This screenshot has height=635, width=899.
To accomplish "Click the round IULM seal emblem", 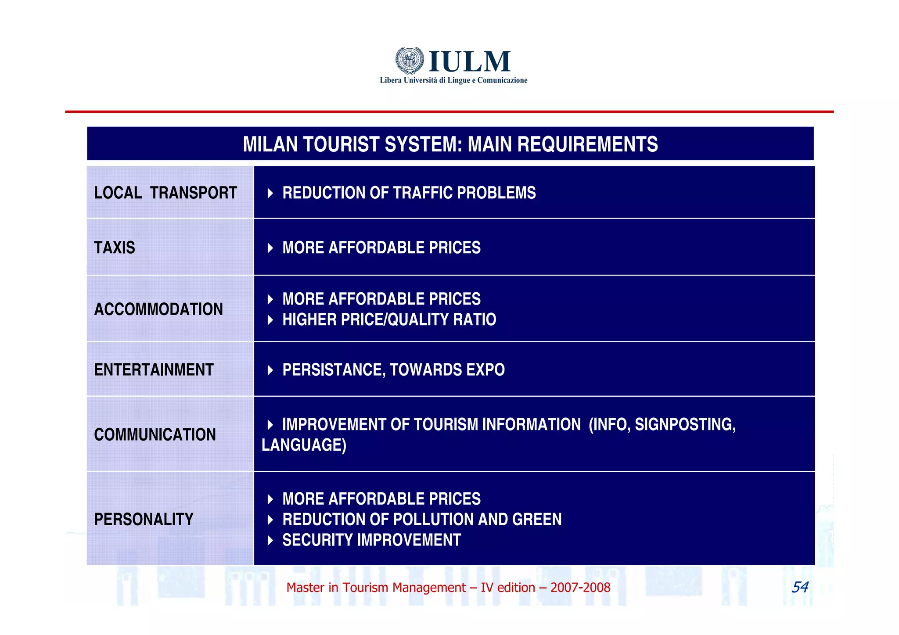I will click(409, 61).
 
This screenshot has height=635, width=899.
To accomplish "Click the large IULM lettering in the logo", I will click(469, 61).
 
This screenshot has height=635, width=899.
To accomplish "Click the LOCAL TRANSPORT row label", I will click(165, 193).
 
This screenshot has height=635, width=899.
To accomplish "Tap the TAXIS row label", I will click(115, 248).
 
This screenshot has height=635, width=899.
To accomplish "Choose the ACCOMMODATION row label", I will click(158, 309).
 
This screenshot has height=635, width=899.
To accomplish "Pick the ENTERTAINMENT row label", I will click(154, 370).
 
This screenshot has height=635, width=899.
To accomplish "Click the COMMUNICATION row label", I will click(155, 435).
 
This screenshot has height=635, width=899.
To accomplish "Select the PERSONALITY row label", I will click(144, 520).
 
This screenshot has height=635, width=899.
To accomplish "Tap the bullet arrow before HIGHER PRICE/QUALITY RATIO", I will click(270, 320).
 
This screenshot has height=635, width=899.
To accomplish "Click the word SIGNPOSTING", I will click(685, 424).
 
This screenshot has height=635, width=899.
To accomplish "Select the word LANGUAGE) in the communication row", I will click(304, 445).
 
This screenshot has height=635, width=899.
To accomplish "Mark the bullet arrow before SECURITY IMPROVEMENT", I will click(270, 540).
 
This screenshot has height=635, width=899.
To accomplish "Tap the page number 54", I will click(799, 587).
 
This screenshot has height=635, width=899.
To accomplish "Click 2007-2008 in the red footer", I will click(580, 588).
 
